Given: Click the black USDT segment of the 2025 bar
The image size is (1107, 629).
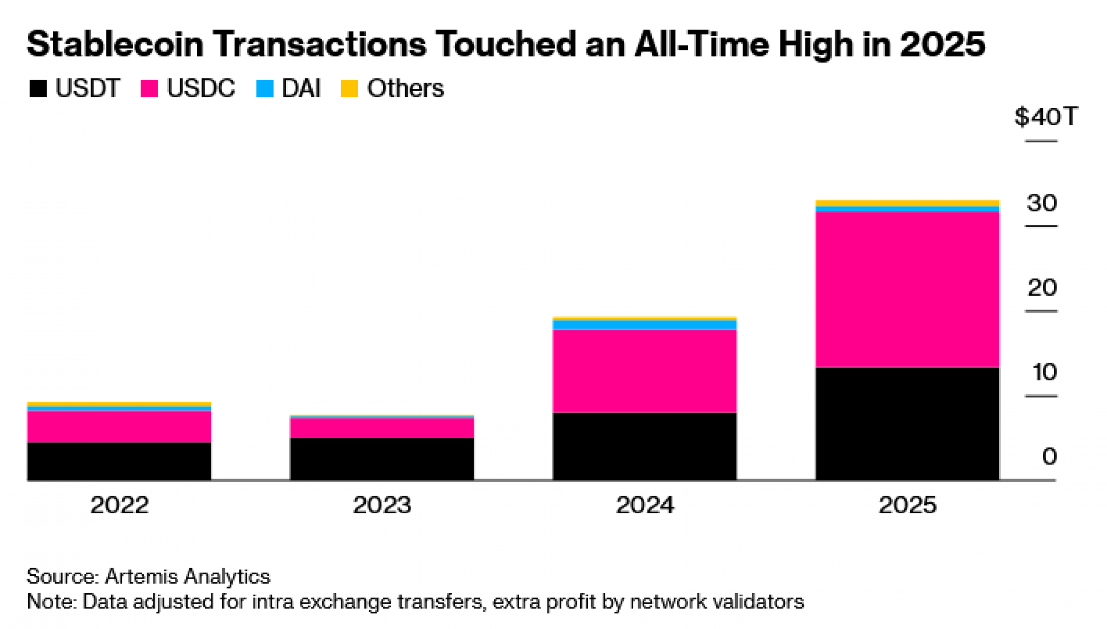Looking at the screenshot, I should [x=907, y=424].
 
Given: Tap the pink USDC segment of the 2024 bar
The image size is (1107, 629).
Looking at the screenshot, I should [x=644, y=371].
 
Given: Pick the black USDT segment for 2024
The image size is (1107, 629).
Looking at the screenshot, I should [x=644, y=446].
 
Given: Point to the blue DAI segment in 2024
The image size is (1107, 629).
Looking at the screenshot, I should [x=644, y=325].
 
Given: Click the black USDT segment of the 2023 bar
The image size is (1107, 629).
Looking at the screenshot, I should [x=382, y=459].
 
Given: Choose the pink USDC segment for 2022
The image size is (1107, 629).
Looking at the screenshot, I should [x=119, y=426].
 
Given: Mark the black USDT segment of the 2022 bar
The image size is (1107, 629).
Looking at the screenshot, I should [x=119, y=461].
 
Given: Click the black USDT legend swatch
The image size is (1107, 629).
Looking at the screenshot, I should [x=38, y=89].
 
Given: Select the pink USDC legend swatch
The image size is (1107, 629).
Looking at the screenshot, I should [x=149, y=89].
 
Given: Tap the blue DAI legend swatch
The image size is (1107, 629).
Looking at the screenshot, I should [x=265, y=89].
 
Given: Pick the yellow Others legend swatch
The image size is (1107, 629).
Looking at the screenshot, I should [x=349, y=89].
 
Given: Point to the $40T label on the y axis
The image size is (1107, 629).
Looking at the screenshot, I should [x=1046, y=117].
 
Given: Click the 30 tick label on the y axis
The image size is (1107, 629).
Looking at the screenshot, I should [x=1042, y=203].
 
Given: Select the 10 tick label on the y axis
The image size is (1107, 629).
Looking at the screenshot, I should [x=1044, y=372].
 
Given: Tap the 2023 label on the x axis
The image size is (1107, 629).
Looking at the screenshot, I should [x=382, y=505].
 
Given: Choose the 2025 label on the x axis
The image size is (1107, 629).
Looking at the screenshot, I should [x=907, y=505].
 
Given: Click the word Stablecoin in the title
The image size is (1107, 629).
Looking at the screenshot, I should [x=115, y=44].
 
